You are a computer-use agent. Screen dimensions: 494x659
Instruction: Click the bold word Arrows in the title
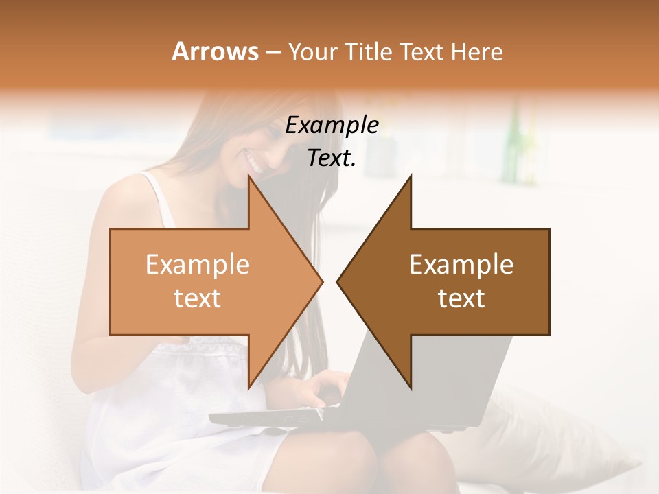point(216,51)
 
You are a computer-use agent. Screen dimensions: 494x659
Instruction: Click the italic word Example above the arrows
point(332,126)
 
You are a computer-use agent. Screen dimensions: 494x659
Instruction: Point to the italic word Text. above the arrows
point(332,158)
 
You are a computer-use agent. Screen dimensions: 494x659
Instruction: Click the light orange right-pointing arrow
point(206,281)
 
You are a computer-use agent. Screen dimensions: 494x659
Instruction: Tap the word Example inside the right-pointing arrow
point(198,265)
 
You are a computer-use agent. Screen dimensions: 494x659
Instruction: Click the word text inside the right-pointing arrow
point(198,298)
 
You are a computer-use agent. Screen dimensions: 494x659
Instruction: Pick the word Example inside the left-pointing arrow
point(461,265)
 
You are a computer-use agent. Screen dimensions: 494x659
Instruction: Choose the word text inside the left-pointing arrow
point(461,298)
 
